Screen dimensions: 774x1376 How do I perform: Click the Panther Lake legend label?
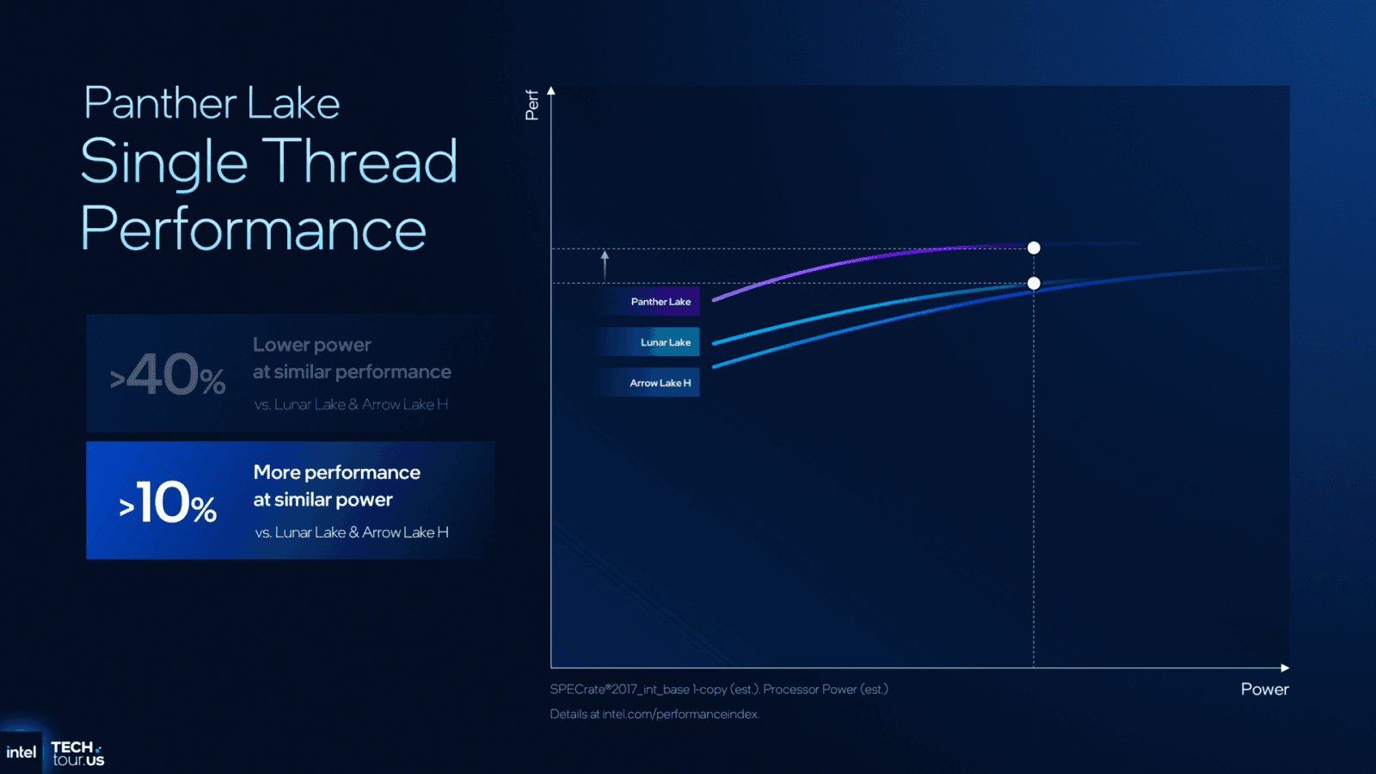pos(660,302)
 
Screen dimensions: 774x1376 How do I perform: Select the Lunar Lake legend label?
pos(665,342)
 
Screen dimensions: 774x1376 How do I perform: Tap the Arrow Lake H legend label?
pos(660,383)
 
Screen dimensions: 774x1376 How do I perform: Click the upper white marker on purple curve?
pos(1034,248)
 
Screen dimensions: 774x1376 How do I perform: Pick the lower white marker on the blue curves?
pos(1034,283)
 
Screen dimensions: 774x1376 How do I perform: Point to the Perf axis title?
pos(532,105)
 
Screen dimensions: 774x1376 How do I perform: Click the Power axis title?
pos(1263,689)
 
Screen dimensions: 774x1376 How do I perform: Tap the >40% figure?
pos(169,376)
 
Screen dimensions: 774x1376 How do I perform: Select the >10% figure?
pos(169,502)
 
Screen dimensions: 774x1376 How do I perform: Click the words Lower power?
pos(311,345)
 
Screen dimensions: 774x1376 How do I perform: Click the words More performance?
pos(336,472)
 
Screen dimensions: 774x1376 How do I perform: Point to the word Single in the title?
pos(164,163)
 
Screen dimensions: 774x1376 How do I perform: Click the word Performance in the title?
pos(253,230)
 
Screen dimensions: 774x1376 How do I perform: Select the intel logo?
pos(21,752)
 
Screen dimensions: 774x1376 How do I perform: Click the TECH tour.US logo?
pos(77,753)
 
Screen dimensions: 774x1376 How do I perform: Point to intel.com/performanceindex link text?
pos(679,714)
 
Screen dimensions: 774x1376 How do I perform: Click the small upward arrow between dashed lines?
pos(605,264)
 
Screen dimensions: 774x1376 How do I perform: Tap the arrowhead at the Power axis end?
pos(1285,667)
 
